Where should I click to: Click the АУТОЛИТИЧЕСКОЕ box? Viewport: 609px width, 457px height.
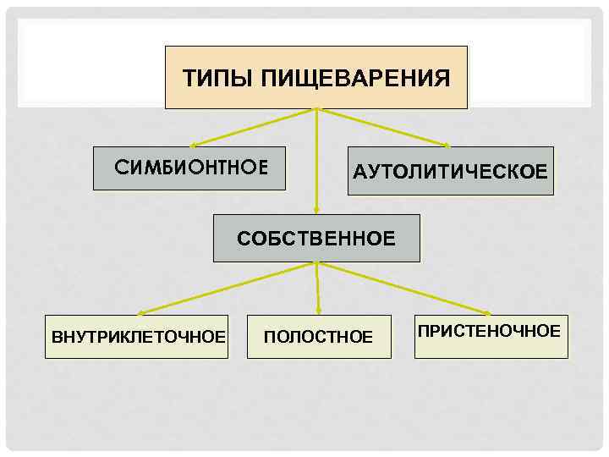coord(450,172)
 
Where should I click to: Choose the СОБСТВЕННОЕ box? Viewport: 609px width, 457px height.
coord(316,239)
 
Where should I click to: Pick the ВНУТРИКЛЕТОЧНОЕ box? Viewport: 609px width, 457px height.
coord(137,337)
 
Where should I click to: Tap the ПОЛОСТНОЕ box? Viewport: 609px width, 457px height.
coord(319,337)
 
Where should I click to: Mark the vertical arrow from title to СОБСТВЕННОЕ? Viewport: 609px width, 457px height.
coord(316,161)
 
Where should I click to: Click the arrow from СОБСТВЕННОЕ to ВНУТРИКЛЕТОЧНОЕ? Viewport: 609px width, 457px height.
coord(228,288)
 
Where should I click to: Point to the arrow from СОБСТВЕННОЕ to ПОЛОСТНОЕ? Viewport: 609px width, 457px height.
coord(317,288)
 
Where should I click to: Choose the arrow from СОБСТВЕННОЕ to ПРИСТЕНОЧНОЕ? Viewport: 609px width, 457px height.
coord(402,288)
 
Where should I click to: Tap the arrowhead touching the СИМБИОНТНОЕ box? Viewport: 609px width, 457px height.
coord(194,145)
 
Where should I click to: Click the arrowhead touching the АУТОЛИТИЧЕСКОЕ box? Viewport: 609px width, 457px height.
coord(445,145)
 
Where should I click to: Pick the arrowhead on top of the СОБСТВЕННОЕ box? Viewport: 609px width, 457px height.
coord(316,211)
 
